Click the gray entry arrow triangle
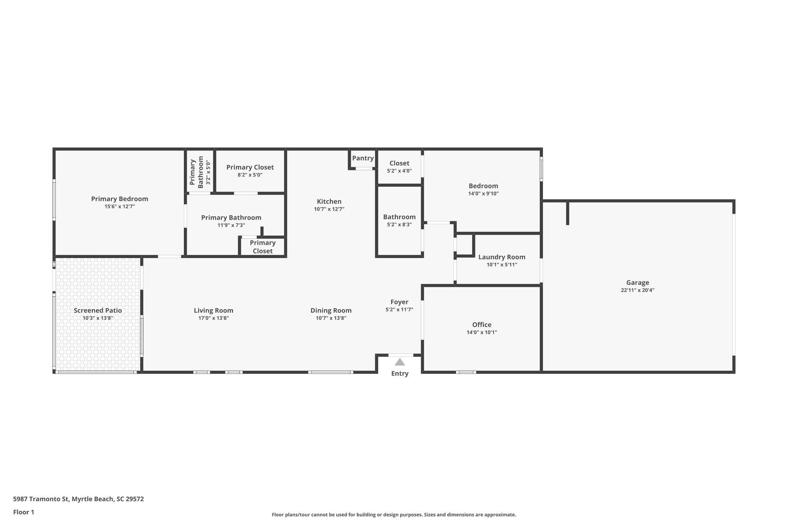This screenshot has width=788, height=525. [x=400, y=362]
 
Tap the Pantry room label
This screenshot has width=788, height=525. [x=363, y=158]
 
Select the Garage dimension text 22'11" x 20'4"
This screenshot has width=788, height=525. [x=638, y=290]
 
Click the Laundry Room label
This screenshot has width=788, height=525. [x=502, y=257]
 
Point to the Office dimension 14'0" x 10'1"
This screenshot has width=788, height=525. [x=482, y=332]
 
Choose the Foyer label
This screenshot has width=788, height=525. [x=399, y=302]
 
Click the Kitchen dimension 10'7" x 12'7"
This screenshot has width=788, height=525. [x=329, y=209]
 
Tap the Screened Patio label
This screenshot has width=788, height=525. [x=98, y=310]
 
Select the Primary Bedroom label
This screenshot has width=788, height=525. [x=120, y=199]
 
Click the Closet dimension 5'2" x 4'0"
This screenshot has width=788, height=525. [x=399, y=171]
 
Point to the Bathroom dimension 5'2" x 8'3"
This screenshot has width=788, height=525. [x=399, y=225]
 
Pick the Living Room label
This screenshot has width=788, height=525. [x=214, y=310]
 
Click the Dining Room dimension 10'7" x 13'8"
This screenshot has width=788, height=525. [x=331, y=318]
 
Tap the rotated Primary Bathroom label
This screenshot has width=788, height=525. [x=197, y=172]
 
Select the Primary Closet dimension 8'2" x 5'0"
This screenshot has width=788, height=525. [x=250, y=175]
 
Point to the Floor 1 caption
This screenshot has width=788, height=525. [x=24, y=512]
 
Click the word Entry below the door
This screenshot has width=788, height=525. [x=400, y=373]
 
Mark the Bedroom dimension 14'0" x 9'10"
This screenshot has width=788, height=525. [x=483, y=194]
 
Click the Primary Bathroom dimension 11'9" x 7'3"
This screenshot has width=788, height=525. [x=231, y=225]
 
